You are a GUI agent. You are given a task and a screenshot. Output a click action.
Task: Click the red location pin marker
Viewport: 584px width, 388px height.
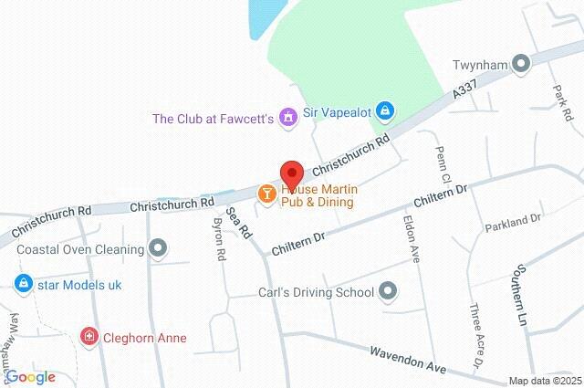(x=291, y=174)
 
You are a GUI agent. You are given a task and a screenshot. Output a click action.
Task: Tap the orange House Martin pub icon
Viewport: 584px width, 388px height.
(x=266, y=193)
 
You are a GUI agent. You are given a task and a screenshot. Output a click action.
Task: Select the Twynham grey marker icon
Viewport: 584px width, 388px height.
(x=521, y=64)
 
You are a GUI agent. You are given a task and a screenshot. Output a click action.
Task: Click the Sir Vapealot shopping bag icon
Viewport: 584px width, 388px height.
(x=385, y=110)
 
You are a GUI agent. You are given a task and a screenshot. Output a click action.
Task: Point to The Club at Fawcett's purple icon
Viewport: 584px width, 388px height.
(x=288, y=118)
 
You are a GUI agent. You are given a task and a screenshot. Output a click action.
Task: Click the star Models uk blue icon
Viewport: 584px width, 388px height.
(x=24, y=285)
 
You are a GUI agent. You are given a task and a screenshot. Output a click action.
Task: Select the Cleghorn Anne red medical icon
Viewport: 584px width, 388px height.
(x=89, y=338)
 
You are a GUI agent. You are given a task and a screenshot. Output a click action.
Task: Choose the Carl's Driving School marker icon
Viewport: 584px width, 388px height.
(x=389, y=292)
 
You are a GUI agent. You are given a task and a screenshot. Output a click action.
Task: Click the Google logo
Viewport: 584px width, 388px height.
(x=30, y=376)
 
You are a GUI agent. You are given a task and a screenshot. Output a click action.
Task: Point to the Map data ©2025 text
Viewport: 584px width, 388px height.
(x=544, y=382)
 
